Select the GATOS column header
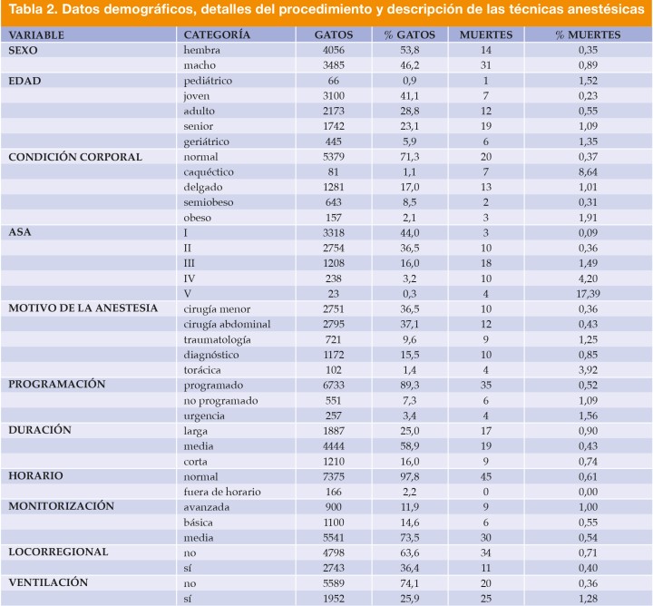coord(333,34)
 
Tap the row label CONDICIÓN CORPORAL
coord(75,157)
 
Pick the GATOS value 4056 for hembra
coord(333,50)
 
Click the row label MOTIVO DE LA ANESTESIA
coord(83,308)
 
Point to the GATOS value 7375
coord(333,475)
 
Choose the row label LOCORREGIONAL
coord(58,552)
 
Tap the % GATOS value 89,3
coord(409,385)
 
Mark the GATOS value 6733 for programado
coord(333,385)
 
